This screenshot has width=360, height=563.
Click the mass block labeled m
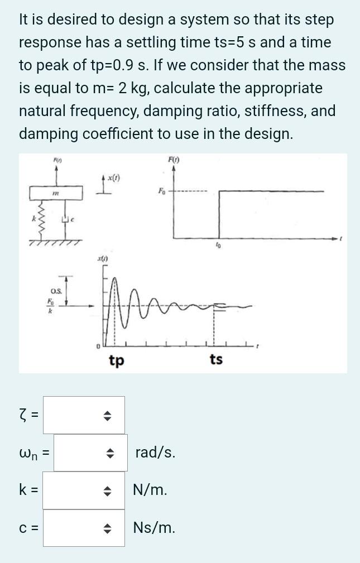click(x=56, y=193)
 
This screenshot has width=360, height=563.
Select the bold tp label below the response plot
click(x=116, y=360)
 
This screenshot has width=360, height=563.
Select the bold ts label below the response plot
click(x=216, y=360)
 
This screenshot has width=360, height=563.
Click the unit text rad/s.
click(x=155, y=453)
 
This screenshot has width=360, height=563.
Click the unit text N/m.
click(x=150, y=490)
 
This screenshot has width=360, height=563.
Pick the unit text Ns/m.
click(x=154, y=527)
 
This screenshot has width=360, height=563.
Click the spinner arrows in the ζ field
click(x=109, y=416)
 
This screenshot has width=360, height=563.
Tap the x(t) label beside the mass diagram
click(x=114, y=178)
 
